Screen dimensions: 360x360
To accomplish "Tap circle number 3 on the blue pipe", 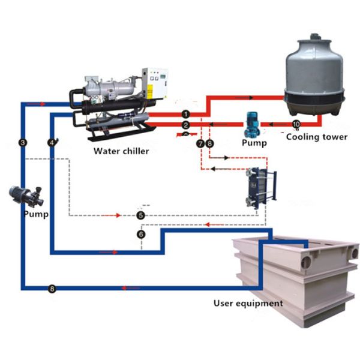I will (x=23, y=142).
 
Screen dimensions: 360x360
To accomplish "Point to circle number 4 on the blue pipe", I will (x=52, y=142).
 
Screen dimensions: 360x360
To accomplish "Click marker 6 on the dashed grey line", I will (x=141, y=234).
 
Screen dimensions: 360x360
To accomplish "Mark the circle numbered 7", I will (x=200, y=144).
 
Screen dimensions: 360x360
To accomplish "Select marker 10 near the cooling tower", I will (x=295, y=124).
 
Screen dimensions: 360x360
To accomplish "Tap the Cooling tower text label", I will (x=316, y=137).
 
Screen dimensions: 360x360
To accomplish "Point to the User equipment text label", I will (x=248, y=303).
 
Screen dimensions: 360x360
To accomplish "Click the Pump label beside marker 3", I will (x=35, y=213).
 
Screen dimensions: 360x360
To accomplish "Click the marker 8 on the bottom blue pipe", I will (x=52, y=289).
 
